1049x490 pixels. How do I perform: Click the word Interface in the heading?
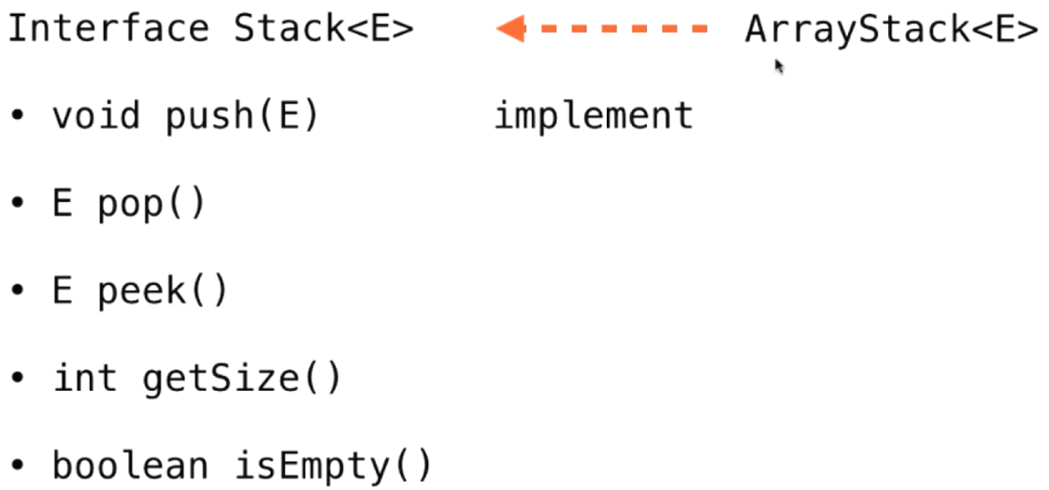108,29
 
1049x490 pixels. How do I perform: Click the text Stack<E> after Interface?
323,29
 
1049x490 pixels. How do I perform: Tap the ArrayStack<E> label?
891,29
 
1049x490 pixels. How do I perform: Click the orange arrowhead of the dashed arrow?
510,29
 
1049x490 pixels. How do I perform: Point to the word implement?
594,116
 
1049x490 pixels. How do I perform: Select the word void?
96,116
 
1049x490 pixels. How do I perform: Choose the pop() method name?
151,204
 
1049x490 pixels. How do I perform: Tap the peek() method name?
162,292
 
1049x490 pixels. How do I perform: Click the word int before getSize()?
85,379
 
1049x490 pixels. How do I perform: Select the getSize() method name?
242,379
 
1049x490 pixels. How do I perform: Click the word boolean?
130,466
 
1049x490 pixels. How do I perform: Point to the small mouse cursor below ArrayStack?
778,65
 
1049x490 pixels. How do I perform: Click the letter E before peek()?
63,292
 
